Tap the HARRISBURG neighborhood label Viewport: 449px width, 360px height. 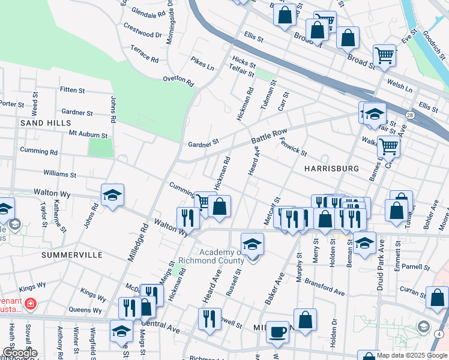coord(331,169)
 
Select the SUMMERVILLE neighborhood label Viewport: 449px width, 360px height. coord(72,255)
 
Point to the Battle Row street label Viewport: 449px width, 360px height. coord(270,137)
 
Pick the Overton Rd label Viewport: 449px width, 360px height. coord(179,80)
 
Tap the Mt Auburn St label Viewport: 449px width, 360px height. coord(88,135)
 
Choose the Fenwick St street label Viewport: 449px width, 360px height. coord(293,146)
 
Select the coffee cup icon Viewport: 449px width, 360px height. coord(277,331)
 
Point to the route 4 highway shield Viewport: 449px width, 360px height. coord(440,334)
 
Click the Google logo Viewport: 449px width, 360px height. coord(19,353)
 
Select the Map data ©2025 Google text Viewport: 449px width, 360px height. coord(412,355)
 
